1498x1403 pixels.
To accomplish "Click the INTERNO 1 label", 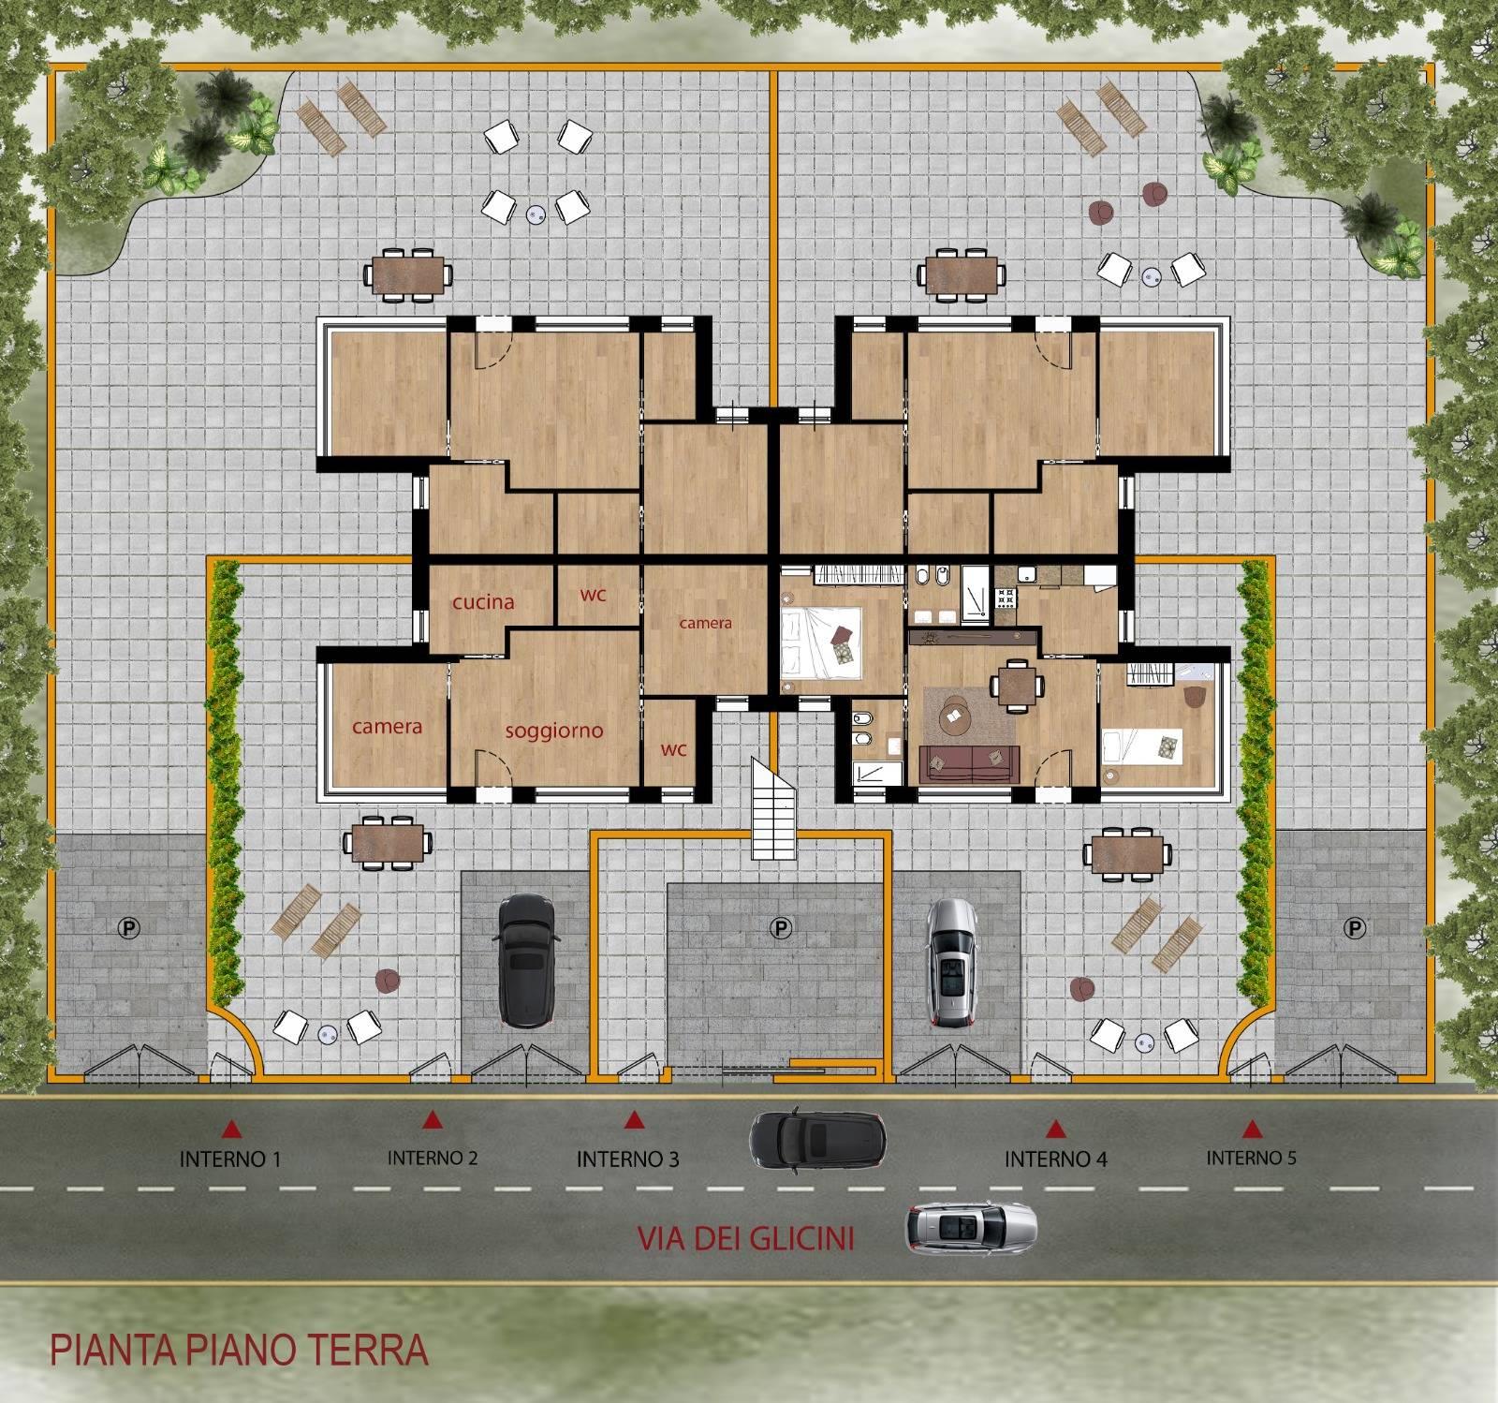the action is click(x=230, y=1159).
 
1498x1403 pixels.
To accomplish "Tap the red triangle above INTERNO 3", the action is click(x=634, y=1119).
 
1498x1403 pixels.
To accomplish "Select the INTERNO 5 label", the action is click(x=1251, y=1158).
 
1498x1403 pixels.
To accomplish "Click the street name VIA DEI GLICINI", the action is click(x=746, y=1238).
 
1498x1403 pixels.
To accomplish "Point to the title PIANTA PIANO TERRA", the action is click(x=239, y=1350).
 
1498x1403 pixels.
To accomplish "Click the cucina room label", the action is click(x=483, y=601).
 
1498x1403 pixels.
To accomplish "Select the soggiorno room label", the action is click(x=554, y=730).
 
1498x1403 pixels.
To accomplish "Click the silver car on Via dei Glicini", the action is click(x=971, y=1229).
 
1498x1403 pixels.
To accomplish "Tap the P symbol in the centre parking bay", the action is click(x=779, y=927).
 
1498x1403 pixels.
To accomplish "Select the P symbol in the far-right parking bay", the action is click(x=1354, y=927).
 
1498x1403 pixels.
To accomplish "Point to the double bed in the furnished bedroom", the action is click(x=821, y=640).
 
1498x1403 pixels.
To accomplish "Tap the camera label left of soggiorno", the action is click(x=388, y=726).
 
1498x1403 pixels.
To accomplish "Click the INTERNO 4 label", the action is click(x=1056, y=1159).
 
